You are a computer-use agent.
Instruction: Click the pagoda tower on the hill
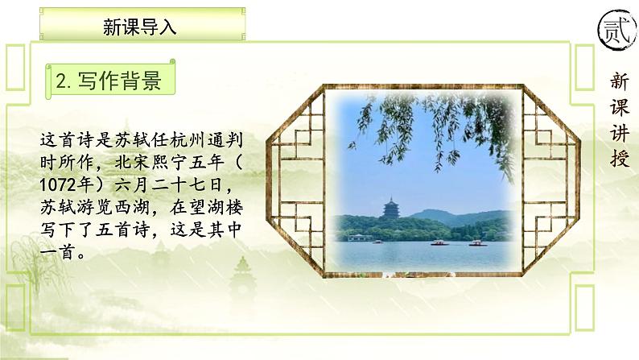pos(392,211)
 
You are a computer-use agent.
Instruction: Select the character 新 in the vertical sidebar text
pos(619,81)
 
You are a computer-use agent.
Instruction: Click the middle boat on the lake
pos(441,242)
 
